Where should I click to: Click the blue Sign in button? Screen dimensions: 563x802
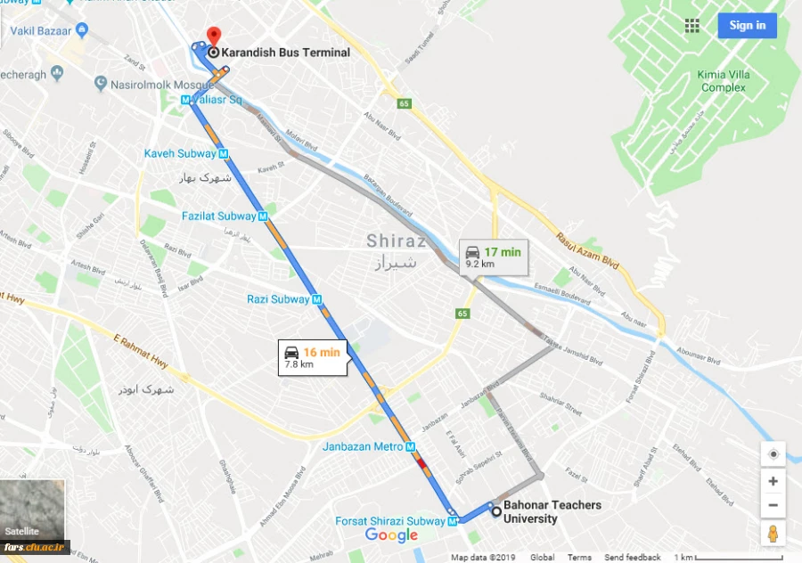point(747,25)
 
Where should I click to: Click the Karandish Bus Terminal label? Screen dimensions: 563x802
point(285,53)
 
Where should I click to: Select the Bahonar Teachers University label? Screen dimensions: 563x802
point(552,511)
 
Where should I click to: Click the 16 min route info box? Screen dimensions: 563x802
point(311,357)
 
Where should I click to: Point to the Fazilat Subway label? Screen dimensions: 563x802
point(218,216)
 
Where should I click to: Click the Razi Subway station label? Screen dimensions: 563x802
point(278,299)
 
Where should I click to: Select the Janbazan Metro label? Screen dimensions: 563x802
point(363,446)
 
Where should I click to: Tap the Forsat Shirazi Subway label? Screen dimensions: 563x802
point(389,521)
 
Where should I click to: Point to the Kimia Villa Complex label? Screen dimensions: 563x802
point(723,81)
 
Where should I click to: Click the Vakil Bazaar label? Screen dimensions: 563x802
point(41,30)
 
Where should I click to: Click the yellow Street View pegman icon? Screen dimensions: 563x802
point(773,533)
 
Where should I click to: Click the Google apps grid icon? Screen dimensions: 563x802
point(692,25)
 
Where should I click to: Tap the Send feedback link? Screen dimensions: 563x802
point(632,558)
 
